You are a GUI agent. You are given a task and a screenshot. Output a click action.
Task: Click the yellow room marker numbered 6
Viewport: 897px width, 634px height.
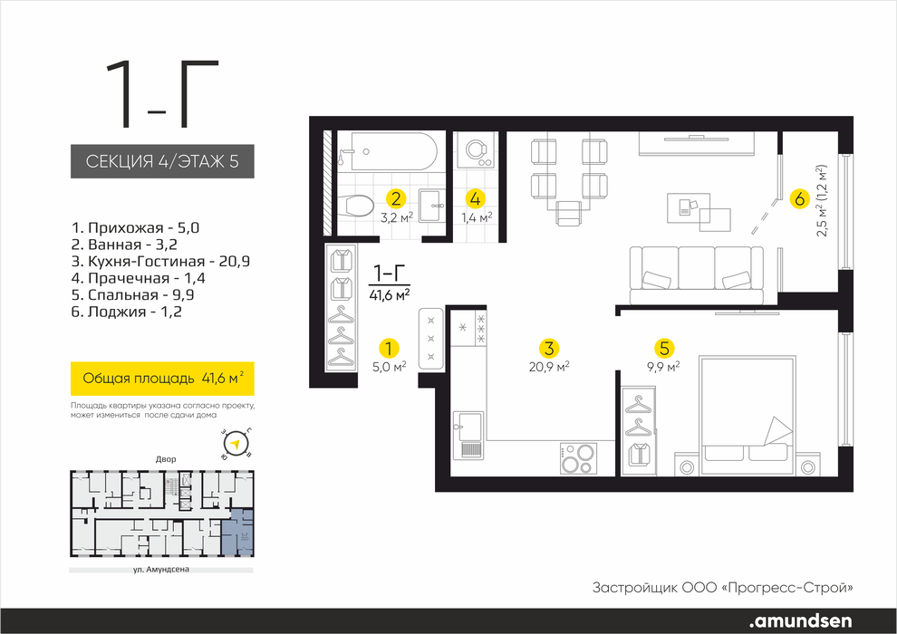[799, 199]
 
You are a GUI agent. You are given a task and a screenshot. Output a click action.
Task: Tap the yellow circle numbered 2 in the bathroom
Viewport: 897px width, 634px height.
[396, 198]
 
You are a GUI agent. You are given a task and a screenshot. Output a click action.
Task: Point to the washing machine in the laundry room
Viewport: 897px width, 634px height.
[476, 151]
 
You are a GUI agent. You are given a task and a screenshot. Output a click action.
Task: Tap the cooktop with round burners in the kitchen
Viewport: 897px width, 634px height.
[578, 457]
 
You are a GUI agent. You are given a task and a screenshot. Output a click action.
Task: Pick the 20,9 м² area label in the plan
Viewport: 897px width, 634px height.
[549, 367]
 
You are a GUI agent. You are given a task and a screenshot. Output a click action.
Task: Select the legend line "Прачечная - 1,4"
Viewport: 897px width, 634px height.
[138, 278]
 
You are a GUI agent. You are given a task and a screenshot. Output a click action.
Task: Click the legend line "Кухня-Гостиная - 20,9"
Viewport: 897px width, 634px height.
[160, 262]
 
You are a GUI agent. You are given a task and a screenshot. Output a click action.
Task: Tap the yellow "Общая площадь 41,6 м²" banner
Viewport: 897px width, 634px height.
[162, 379]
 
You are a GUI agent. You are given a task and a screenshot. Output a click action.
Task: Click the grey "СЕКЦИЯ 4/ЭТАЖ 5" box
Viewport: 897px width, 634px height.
[162, 161]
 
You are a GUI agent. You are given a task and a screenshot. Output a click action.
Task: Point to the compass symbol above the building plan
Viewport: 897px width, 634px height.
[235, 443]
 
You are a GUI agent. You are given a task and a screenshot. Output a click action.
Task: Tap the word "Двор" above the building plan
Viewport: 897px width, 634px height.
[166, 459]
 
